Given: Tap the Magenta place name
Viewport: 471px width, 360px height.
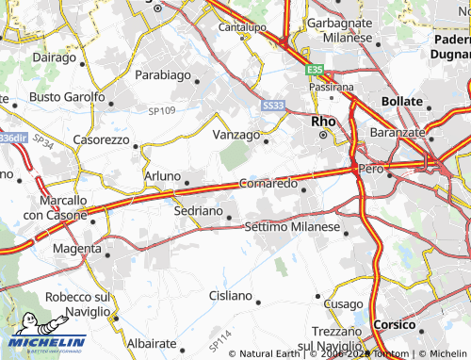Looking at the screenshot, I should pos(76,248).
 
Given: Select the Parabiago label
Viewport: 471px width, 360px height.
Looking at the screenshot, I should pos(162,74).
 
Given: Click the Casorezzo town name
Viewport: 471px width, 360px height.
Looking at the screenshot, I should pos(101,139).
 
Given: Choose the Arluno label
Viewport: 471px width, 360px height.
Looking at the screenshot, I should pos(161,176).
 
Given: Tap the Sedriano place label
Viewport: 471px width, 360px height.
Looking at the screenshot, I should pos(198,212).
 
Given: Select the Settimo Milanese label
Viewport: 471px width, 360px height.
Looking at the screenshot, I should pos(291,227).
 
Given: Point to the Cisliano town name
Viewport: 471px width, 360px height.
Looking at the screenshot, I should pos(230,296).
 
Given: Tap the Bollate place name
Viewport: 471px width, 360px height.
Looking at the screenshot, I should pos(403,100).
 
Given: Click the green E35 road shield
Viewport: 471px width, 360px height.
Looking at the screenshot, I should pos(314,69).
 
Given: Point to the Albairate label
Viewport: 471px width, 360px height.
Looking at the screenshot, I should pos(152,345).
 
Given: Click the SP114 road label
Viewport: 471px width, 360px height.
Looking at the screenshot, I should pos(220,336).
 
